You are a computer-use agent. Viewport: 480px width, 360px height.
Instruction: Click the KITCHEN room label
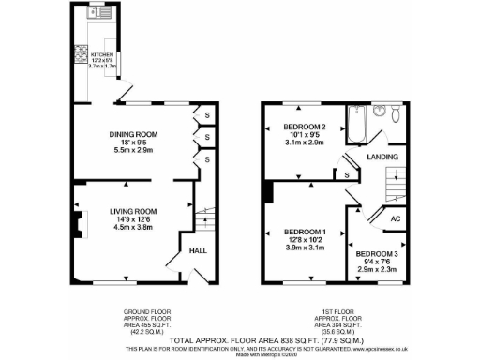(x=100, y=54)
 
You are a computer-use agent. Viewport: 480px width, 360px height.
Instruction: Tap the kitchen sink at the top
(x=97, y=13)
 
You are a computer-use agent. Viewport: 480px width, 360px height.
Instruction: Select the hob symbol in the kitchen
(x=82, y=54)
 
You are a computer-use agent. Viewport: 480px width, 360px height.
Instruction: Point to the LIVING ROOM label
(x=131, y=211)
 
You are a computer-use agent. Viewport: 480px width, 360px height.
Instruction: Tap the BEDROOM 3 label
(x=376, y=253)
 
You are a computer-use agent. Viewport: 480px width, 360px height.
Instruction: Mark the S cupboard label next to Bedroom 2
(x=347, y=174)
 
